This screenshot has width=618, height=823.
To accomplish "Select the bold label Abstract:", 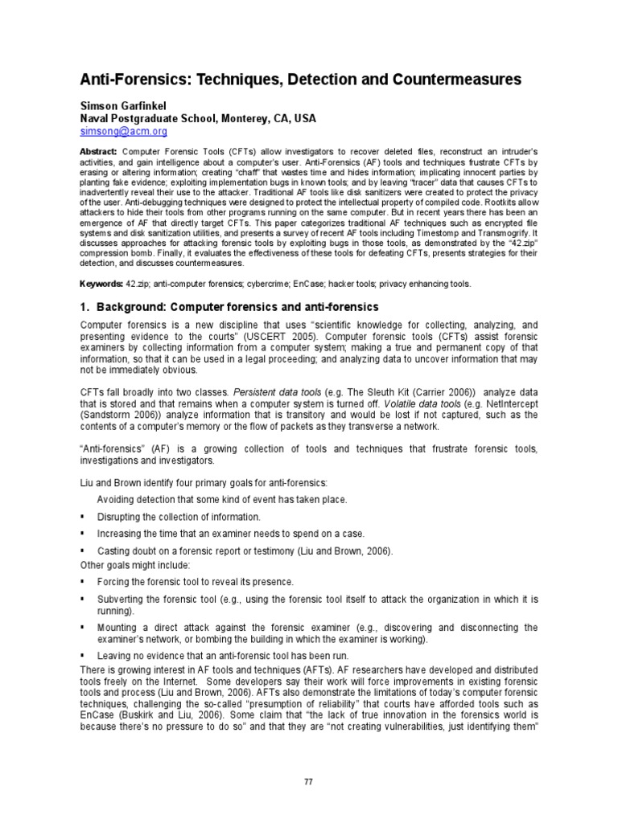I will click(98, 152).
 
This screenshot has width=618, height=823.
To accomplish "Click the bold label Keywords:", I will click(101, 285).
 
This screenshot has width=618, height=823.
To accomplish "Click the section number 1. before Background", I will click(84, 308).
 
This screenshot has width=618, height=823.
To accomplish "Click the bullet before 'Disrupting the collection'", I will click(83, 517).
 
